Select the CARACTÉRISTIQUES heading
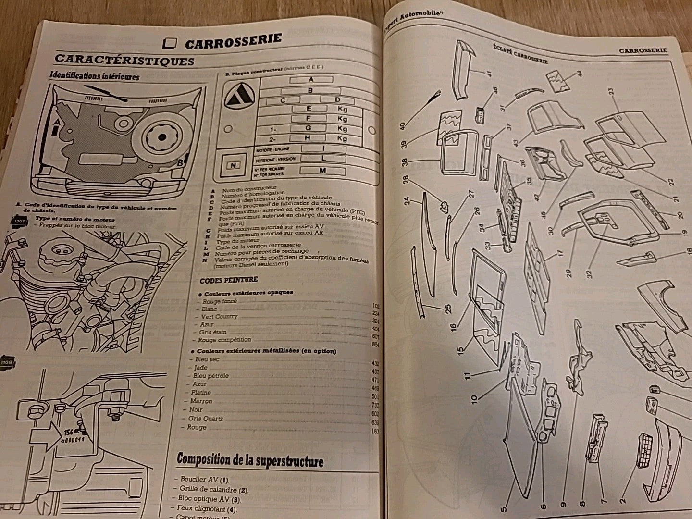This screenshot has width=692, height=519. tap(124, 60)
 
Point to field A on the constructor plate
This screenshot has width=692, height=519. tap(311, 80)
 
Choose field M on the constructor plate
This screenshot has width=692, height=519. tap(322, 170)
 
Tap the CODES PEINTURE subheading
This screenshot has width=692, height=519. tap(229, 280)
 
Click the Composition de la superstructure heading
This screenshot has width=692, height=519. tap(250, 460)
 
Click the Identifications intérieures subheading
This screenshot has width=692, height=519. tap(95, 76)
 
